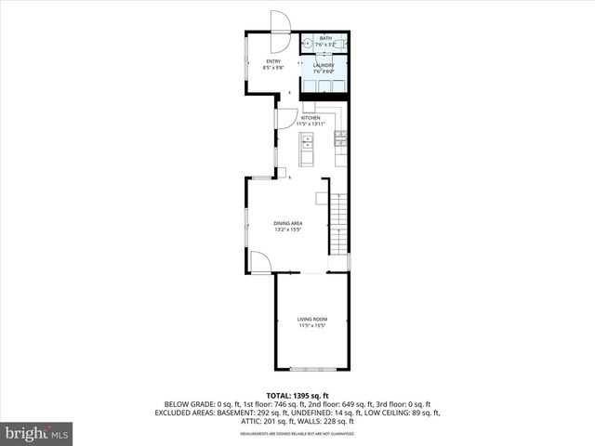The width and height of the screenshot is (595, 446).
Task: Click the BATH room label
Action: pyautogui.click(x=324, y=38)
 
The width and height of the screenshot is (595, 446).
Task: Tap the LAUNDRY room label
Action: pyautogui.click(x=324, y=64)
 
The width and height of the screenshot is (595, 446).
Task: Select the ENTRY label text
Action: pyautogui.click(x=247, y=61)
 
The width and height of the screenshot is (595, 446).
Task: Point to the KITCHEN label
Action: pyautogui.click(x=311, y=118)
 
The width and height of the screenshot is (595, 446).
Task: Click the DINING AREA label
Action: pyautogui.click(x=288, y=223)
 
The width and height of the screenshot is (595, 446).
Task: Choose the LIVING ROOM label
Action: pyautogui.click(x=312, y=320)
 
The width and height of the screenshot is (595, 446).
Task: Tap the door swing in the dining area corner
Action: pyautogui.click(x=260, y=263)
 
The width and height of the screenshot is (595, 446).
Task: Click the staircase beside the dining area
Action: pyautogui.click(x=341, y=223)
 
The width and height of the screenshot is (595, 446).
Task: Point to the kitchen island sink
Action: pyautogui.click(x=308, y=142)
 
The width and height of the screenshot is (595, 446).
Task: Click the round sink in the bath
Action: pyautogui.click(x=307, y=42)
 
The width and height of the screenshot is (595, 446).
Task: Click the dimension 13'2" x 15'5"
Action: pyautogui.click(x=288, y=230)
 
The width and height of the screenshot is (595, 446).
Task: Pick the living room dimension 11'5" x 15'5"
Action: pyautogui.click(x=312, y=326)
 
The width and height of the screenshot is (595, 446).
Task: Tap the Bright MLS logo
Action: pyautogui.click(x=37, y=433)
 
